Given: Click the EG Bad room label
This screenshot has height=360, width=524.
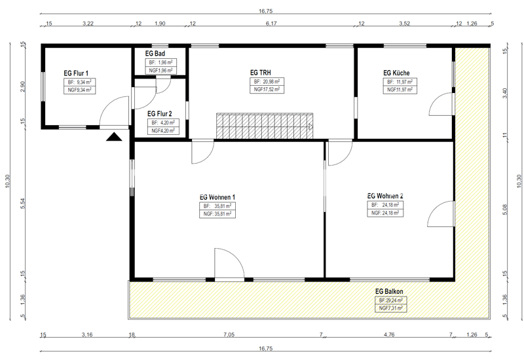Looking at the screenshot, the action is point(155,54).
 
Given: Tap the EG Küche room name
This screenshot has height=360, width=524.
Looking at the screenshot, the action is point(396,73).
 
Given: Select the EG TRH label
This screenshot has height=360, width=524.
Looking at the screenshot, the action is point(261,73).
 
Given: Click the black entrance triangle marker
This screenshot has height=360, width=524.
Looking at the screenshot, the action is point(114,137).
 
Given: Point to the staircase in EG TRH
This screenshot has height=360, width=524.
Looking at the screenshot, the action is point(265,126).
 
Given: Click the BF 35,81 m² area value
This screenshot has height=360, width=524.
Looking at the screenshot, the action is point(217,206).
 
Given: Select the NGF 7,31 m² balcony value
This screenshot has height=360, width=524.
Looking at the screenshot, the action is point(391,308).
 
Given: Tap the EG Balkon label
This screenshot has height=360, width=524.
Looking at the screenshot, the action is point(389,291).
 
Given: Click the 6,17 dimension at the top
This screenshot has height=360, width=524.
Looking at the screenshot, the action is point(271,24).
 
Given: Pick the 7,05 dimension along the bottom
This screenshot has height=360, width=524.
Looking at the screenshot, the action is point(229,334).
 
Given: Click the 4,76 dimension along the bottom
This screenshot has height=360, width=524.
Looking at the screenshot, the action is point(389,334).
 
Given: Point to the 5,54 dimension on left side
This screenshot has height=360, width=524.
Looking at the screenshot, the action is point(23,204).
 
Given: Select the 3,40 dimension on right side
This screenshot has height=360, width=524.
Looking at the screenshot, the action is point(504,93).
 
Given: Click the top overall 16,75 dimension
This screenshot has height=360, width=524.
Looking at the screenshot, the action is point(266,11).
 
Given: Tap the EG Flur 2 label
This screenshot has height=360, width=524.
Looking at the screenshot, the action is point(160,114).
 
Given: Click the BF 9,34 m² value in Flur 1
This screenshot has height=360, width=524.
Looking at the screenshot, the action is point(79,82).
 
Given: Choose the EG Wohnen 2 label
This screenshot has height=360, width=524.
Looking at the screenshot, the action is point(385,196).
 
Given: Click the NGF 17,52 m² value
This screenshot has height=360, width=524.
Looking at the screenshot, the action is point(267,90).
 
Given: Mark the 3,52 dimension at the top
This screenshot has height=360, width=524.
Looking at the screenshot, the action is point(404,24).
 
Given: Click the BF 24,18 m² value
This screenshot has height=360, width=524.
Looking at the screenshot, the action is point(385,205).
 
